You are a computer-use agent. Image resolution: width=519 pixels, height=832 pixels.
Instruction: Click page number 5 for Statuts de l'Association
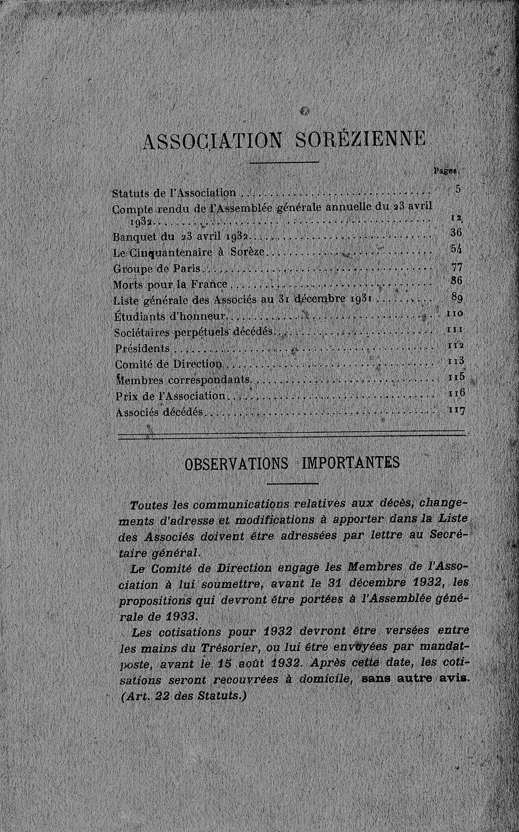458,189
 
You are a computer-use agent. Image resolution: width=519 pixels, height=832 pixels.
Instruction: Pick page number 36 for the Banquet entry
456,232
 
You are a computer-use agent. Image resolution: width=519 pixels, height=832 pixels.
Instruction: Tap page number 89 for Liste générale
457,298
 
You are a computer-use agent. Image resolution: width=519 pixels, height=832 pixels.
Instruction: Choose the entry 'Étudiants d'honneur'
170,316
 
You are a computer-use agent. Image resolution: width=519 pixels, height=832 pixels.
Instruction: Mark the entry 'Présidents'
143,348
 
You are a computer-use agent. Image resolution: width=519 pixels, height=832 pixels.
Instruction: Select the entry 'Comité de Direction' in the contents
169,364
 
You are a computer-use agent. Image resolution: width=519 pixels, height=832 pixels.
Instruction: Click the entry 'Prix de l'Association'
170,396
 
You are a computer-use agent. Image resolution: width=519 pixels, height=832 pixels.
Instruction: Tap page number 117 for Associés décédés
456,410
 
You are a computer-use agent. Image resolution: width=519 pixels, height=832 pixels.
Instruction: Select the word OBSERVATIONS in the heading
236,464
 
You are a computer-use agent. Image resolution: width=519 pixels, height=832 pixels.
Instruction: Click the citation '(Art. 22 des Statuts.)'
181,696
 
